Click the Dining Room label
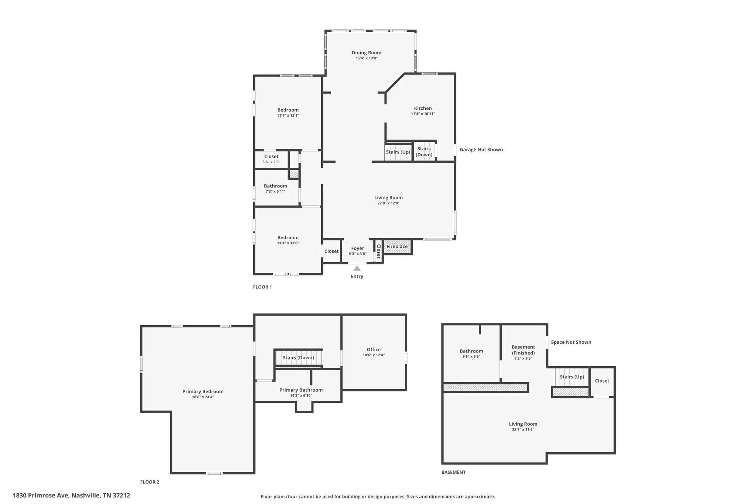click(x=366, y=52)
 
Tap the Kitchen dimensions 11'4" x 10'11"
click(x=423, y=114)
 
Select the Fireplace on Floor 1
click(x=397, y=247)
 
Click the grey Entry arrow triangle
click(x=357, y=268)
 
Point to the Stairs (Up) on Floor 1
click(x=398, y=152)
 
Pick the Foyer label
click(x=357, y=248)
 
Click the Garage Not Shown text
click(x=481, y=150)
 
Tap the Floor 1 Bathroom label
click(x=275, y=186)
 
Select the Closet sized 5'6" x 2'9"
click(x=271, y=159)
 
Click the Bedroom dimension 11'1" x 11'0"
click(x=288, y=243)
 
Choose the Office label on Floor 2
click(x=374, y=349)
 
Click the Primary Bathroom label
click(x=301, y=390)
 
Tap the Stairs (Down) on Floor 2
click(x=298, y=357)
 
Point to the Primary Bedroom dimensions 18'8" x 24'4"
click(x=203, y=397)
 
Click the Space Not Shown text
click(x=571, y=342)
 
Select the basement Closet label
click(x=602, y=381)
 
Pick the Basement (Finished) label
click(x=523, y=350)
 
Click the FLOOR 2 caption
click(x=150, y=482)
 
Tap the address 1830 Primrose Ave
click(x=41, y=496)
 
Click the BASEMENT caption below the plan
click(x=454, y=472)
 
